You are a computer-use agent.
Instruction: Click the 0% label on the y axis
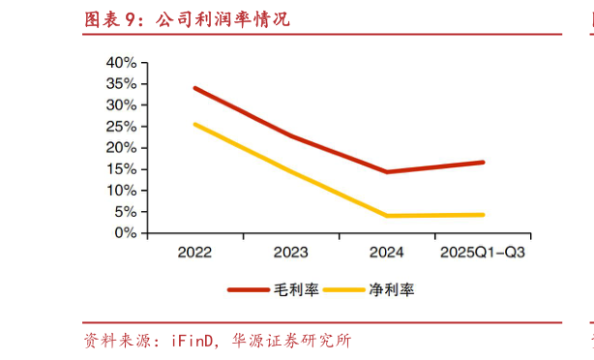[124, 233]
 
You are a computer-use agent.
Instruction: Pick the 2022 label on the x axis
[194, 253]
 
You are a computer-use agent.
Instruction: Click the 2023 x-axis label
[290, 253]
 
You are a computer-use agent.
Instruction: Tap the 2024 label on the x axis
[387, 253]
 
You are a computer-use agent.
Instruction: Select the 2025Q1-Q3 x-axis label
[483, 253]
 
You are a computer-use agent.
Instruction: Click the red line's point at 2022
[194, 88]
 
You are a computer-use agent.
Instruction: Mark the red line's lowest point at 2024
[387, 172]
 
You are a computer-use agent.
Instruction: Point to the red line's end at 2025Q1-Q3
[483, 162]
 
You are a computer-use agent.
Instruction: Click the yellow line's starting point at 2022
[194, 124]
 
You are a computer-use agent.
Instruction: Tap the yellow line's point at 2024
[387, 216]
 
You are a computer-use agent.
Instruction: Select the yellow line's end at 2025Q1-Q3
[483, 215]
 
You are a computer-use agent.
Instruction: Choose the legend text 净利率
[391, 289]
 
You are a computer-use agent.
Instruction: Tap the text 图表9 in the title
[114, 19]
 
